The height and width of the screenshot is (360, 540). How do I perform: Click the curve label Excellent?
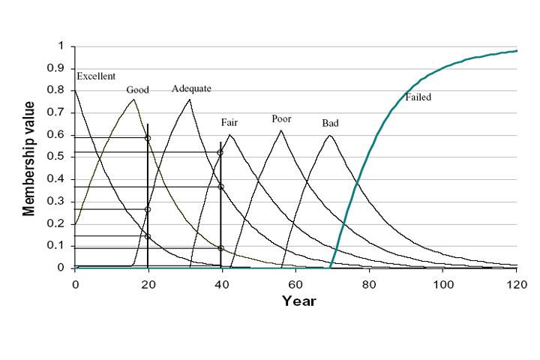pyautogui.click(x=96, y=76)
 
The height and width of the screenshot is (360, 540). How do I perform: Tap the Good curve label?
pyautogui.click(x=137, y=90)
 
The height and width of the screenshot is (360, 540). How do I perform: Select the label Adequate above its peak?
pyautogui.click(x=191, y=88)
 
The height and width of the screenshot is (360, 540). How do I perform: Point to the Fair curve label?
pyautogui.click(x=229, y=122)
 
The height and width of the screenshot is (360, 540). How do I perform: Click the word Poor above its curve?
pyautogui.click(x=281, y=118)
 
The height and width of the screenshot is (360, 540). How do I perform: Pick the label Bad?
pyautogui.click(x=330, y=122)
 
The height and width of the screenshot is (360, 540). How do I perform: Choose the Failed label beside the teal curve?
pyautogui.click(x=418, y=97)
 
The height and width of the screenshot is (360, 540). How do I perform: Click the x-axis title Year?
pyautogui.click(x=298, y=301)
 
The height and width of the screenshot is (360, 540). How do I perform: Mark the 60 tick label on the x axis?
pyautogui.click(x=296, y=283)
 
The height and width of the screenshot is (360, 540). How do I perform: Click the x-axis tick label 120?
pyautogui.click(x=517, y=283)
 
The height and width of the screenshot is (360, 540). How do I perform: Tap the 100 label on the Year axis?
pyautogui.click(x=443, y=283)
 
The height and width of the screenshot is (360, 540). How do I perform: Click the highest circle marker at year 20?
pyautogui.click(x=148, y=138)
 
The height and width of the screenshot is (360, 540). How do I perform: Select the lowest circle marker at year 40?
pyautogui.click(x=220, y=248)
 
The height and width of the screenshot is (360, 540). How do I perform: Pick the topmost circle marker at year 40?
pyautogui.click(x=220, y=153)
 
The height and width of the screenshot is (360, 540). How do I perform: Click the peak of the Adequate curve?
pyautogui.click(x=189, y=100)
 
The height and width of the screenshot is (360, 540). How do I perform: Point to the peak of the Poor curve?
pyautogui.click(x=281, y=130)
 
